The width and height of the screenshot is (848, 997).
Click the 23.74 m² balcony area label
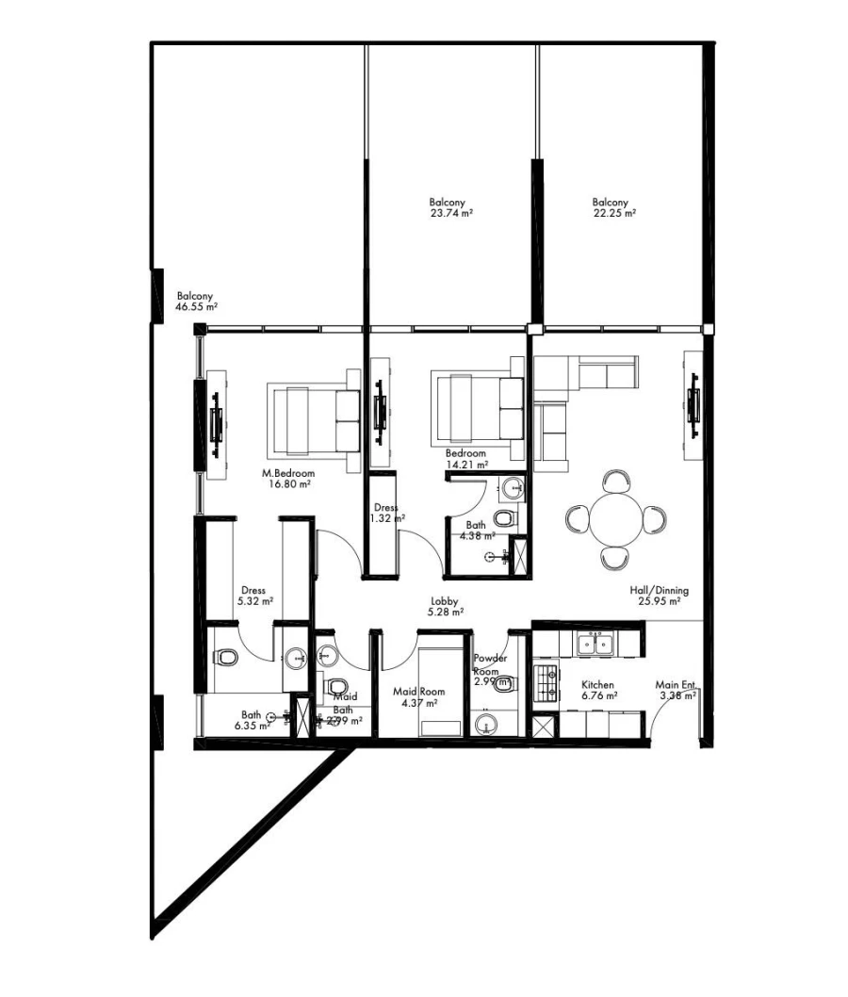pyautogui.click(x=450, y=208)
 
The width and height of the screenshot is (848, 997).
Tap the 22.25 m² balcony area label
pyautogui.click(x=613, y=208)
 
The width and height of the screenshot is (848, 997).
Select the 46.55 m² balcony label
pyautogui.click(x=197, y=301)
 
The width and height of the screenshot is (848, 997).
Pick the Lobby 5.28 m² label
pyautogui.click(x=446, y=606)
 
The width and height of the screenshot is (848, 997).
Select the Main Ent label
pyautogui.click(x=677, y=691)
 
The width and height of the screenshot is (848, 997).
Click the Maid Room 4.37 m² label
pyautogui.click(x=418, y=697)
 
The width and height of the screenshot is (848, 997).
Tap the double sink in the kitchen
pyautogui.click(x=597, y=645)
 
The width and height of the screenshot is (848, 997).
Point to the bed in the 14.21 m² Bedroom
pyautogui.click(x=477, y=407)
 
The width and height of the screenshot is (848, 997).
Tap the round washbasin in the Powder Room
pyautogui.click(x=487, y=724)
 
